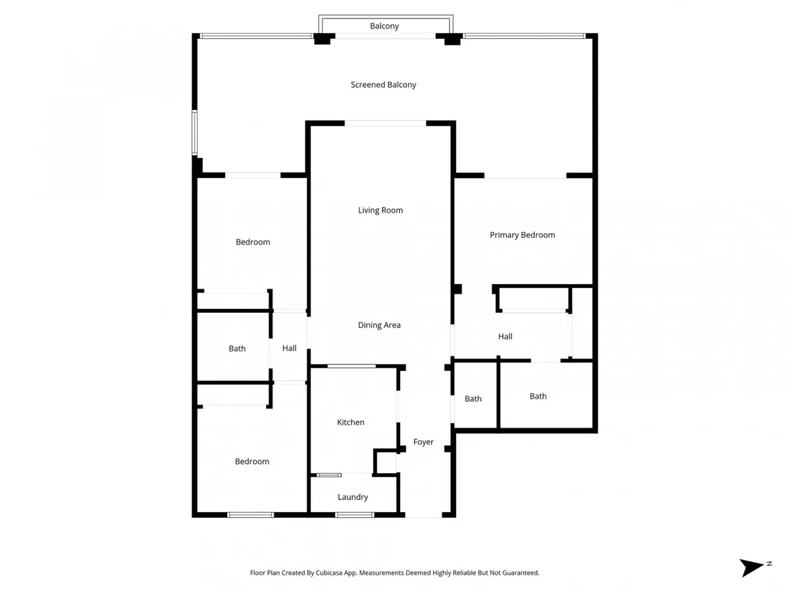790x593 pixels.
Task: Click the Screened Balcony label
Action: click(383, 84)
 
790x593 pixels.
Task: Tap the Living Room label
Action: click(381, 210)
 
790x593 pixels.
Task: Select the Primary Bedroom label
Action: click(522, 235)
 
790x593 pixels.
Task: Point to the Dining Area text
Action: click(379, 325)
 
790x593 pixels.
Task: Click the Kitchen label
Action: click(350, 422)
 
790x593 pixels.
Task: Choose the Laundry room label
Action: click(353, 497)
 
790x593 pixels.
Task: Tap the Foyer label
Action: click(423, 441)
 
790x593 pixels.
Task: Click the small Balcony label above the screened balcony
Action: click(384, 26)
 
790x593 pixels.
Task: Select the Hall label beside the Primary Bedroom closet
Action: click(506, 336)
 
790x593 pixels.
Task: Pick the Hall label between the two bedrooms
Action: click(290, 348)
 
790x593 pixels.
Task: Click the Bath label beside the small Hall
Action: click(237, 348)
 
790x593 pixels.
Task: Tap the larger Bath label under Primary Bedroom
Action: click(538, 396)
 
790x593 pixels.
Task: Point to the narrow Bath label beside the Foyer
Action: click(473, 399)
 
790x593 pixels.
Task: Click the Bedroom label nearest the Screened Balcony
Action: click(253, 242)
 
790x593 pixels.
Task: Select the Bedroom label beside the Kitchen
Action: click(252, 461)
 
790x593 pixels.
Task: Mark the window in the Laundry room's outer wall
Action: click(354, 515)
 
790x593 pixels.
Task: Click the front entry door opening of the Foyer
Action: click(423, 515)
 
